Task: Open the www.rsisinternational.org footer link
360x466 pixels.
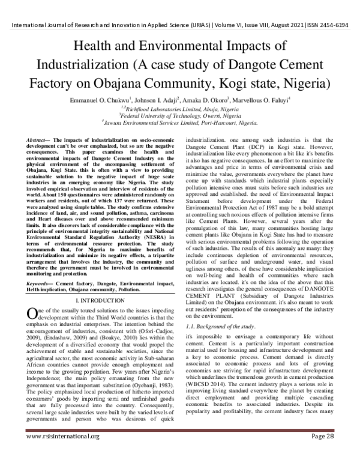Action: (x=62, y=453)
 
